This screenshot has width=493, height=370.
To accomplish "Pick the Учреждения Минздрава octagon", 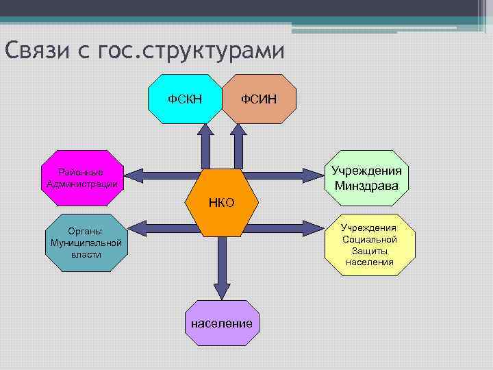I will (367, 177).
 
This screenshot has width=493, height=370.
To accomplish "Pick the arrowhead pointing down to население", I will (221, 288).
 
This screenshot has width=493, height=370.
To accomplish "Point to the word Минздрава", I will (367, 185).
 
